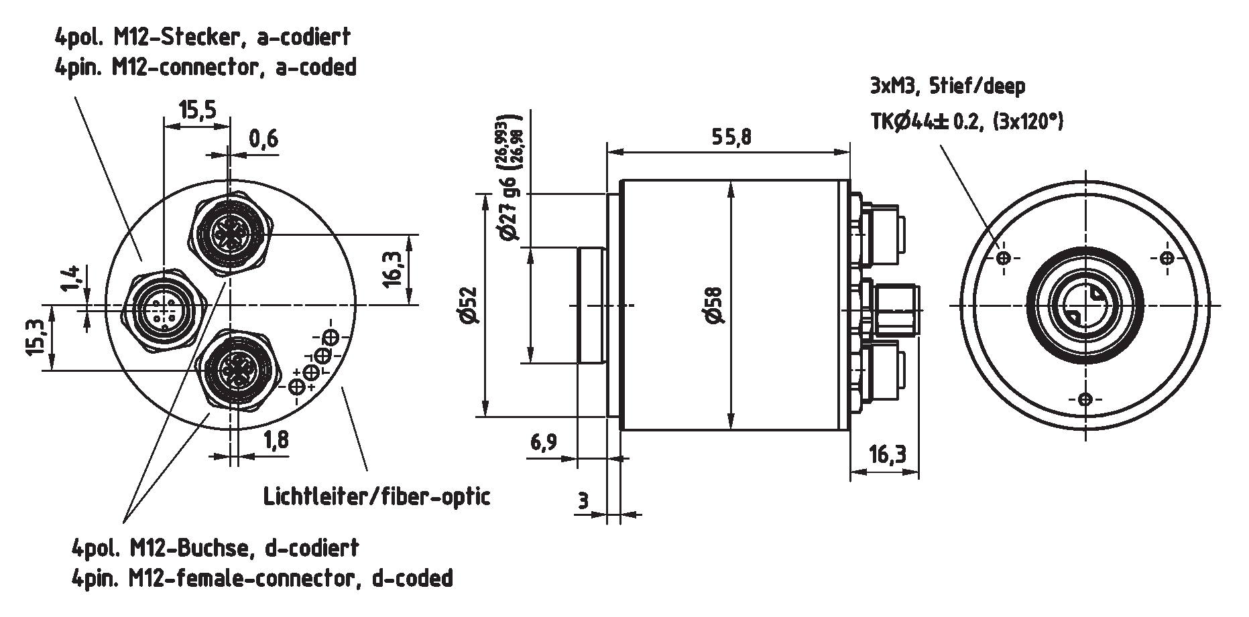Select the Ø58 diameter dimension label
point(715,305)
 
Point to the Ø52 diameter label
point(469,305)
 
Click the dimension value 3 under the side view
point(582,500)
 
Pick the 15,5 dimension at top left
point(197,109)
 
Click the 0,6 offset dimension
point(263,139)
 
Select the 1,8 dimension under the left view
point(276,440)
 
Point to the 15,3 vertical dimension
point(36,337)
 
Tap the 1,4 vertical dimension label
point(72,279)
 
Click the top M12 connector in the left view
point(229,232)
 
